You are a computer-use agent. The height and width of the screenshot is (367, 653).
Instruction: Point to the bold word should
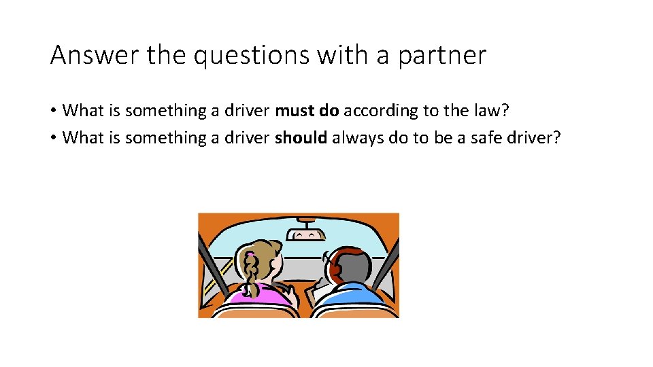[301, 138]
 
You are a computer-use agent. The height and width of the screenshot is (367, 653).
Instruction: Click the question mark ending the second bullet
[556, 138]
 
